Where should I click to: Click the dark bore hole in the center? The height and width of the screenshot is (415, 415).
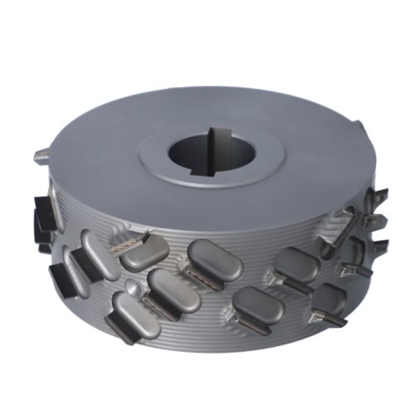pyautogui.click(x=203, y=154)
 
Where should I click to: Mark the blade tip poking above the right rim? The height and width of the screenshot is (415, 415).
pyautogui.click(x=359, y=127)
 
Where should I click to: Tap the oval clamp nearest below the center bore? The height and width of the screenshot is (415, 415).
pyautogui.click(x=215, y=259)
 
